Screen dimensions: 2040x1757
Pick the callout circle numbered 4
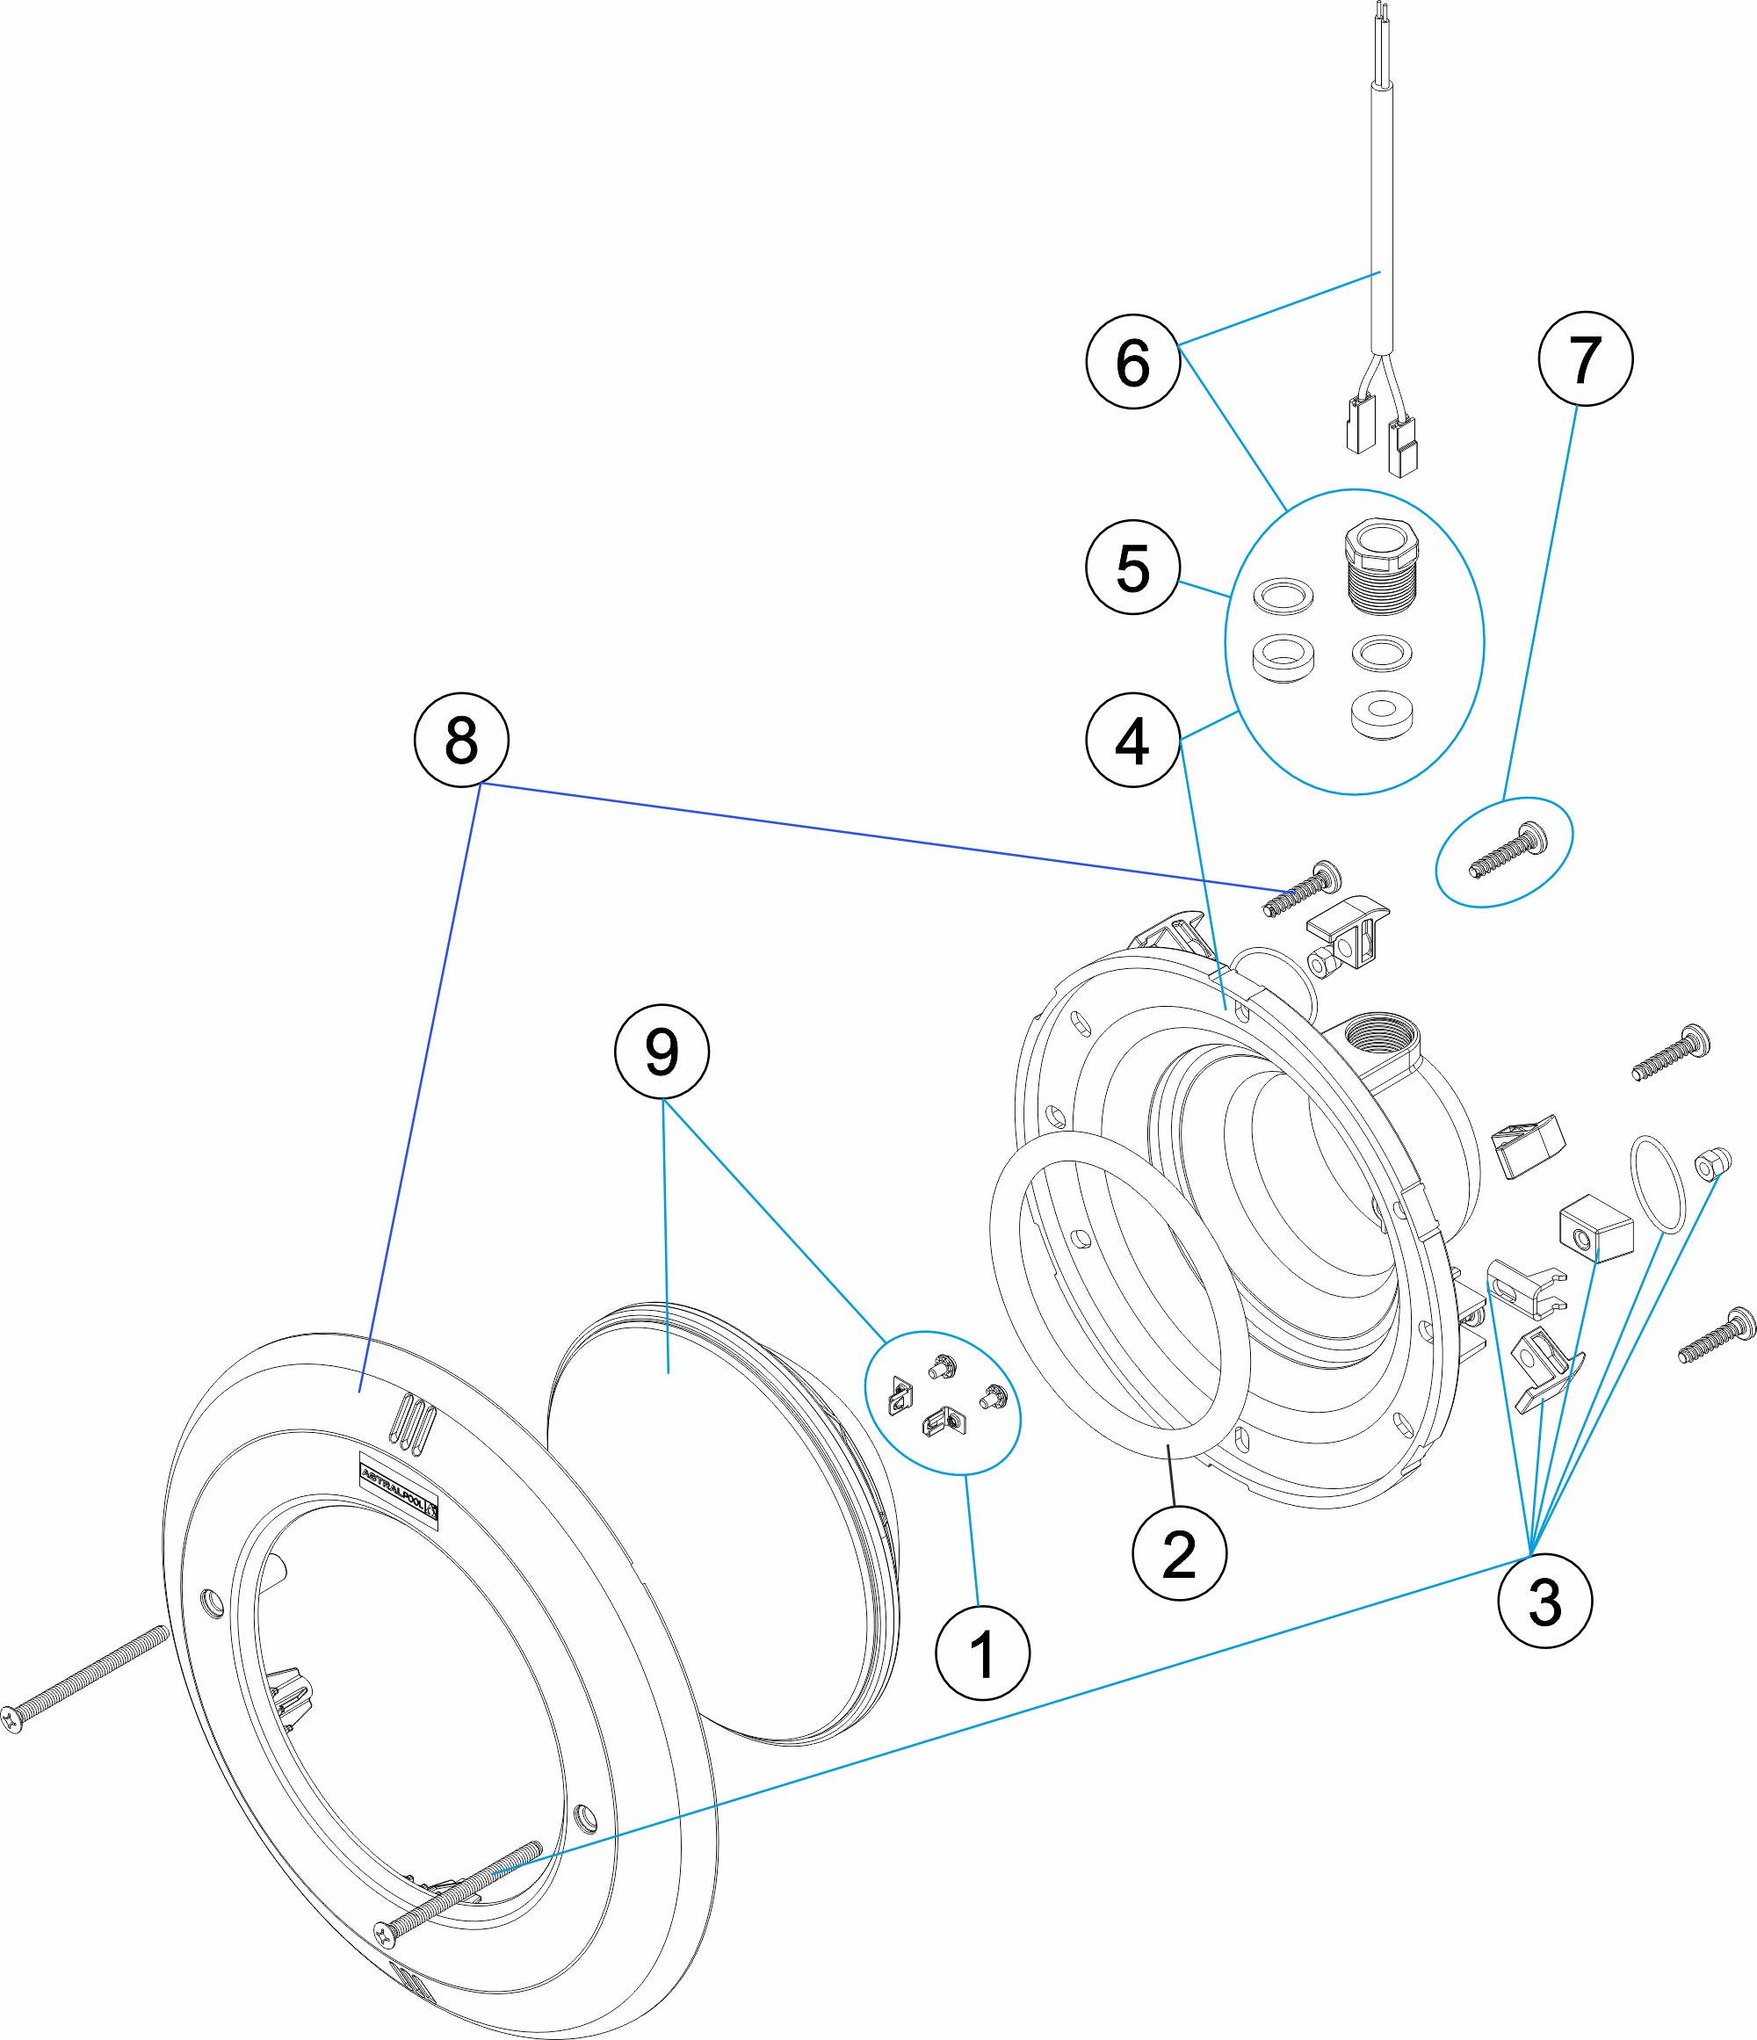(x=1133, y=741)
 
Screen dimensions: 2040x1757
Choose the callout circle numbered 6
(x=1133, y=361)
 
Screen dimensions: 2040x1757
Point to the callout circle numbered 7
(x=1585, y=358)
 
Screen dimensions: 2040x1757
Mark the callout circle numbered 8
(x=460, y=740)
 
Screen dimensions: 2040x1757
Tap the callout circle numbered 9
(x=662, y=1052)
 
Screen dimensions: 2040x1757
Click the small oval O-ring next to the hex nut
(x=1659, y=1184)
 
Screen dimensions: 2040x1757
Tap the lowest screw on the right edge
(x=1717, y=1335)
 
